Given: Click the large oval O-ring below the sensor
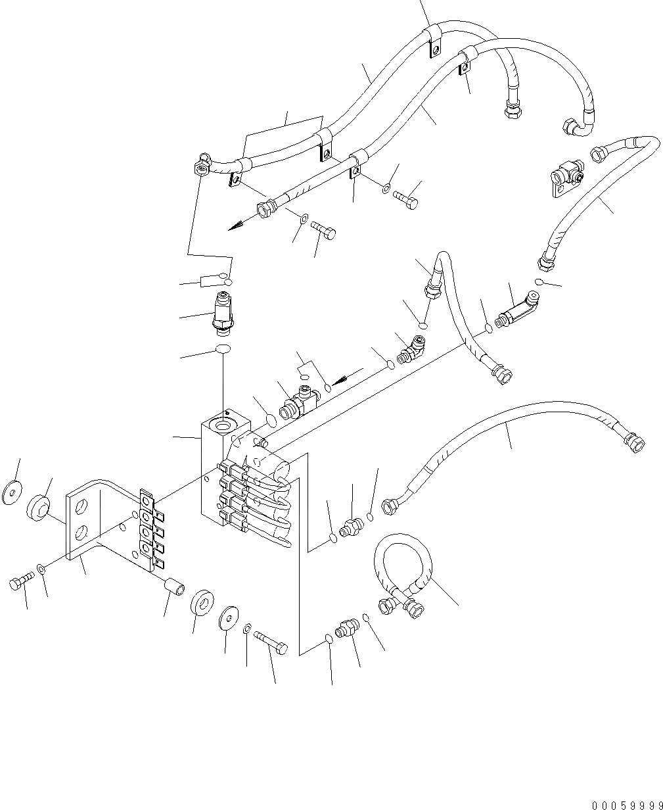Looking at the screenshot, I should coord(223,349).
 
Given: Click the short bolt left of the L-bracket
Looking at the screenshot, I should coord(20,581).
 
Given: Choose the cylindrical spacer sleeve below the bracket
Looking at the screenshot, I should coord(174,585).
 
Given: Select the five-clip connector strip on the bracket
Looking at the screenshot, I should coord(147,529).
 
